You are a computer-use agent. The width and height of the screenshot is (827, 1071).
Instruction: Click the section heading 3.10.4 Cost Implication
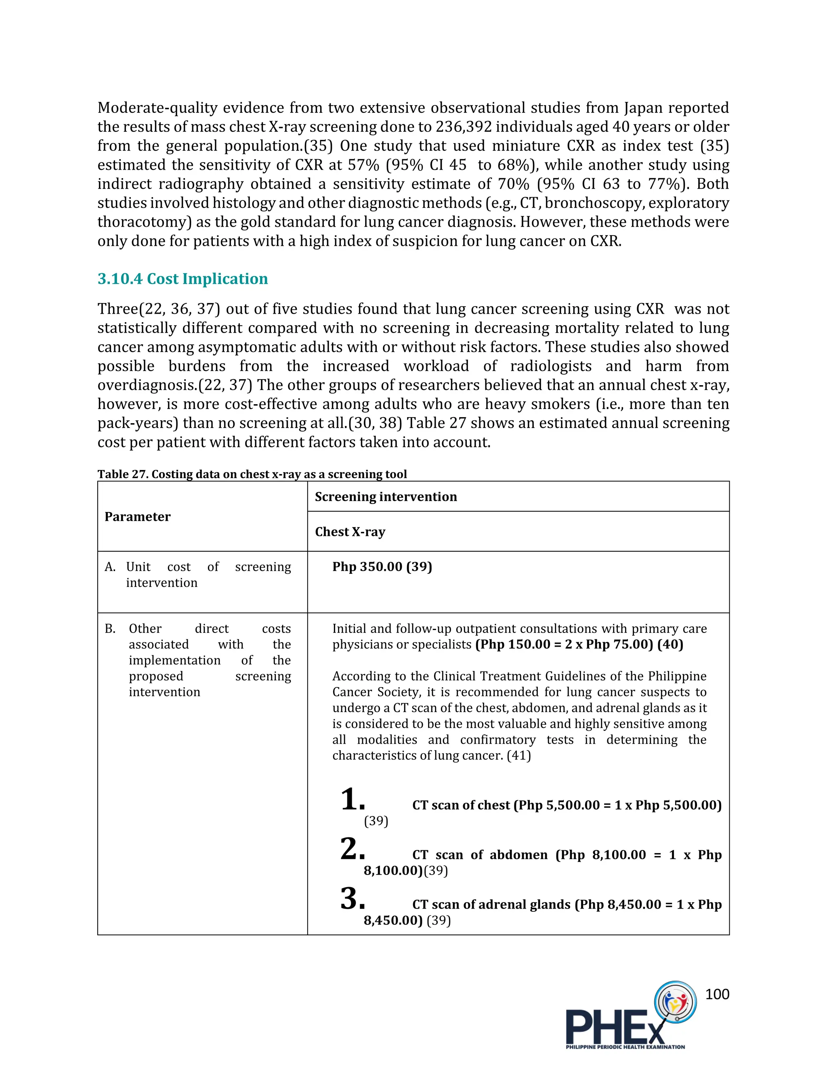pos(182,278)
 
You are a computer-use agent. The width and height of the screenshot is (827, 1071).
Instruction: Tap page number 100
pos(717,994)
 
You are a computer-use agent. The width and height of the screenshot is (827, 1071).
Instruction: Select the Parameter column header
pos(137,517)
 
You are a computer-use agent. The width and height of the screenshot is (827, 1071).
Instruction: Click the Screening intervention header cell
pos(386,496)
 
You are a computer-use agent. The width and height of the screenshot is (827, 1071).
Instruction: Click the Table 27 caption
pos(252,474)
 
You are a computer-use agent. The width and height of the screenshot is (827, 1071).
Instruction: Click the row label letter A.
pos(110,567)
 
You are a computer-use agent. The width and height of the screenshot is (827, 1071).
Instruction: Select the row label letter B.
pos(110,629)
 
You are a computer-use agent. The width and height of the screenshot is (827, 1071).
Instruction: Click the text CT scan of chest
pos(460,805)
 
